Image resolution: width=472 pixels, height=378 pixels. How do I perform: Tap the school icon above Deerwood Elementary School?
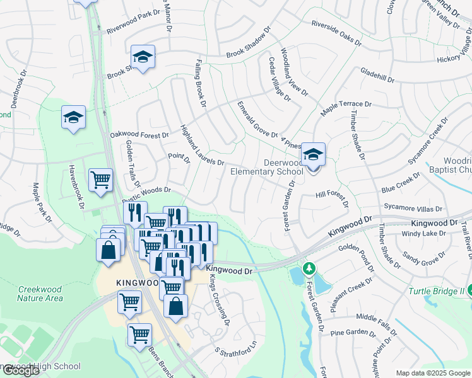(313, 154)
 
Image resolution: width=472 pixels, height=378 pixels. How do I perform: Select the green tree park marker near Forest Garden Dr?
(309, 269)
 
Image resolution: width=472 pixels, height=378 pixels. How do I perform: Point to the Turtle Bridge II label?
(436, 291)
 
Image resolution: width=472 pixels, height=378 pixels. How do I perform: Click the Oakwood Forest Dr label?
(139, 135)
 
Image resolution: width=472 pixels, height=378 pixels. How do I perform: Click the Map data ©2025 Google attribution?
(432, 373)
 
